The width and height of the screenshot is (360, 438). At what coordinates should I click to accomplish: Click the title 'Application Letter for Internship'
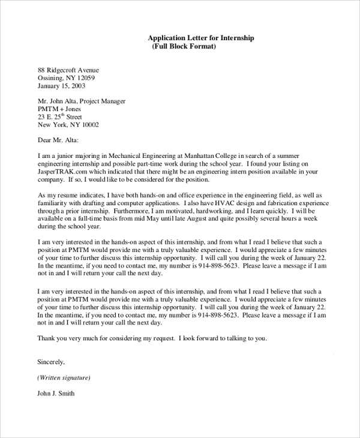(200, 38)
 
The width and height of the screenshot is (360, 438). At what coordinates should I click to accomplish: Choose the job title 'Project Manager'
(101, 101)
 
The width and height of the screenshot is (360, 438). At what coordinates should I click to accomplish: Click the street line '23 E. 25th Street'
(60, 117)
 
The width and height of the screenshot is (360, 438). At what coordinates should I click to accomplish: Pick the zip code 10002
(88, 125)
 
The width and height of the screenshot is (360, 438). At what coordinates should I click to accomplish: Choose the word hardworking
(198, 211)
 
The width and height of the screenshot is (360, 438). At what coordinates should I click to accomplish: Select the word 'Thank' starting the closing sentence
(47, 338)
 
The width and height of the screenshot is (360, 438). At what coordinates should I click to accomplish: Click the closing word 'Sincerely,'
(51, 362)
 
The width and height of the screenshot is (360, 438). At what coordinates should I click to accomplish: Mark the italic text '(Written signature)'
(64, 378)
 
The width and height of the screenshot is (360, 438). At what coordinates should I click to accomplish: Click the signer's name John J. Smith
(56, 394)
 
